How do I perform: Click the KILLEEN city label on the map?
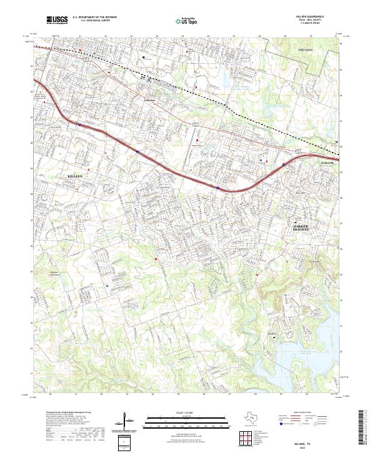75,177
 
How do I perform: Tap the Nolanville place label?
328,164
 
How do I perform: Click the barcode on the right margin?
364,430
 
